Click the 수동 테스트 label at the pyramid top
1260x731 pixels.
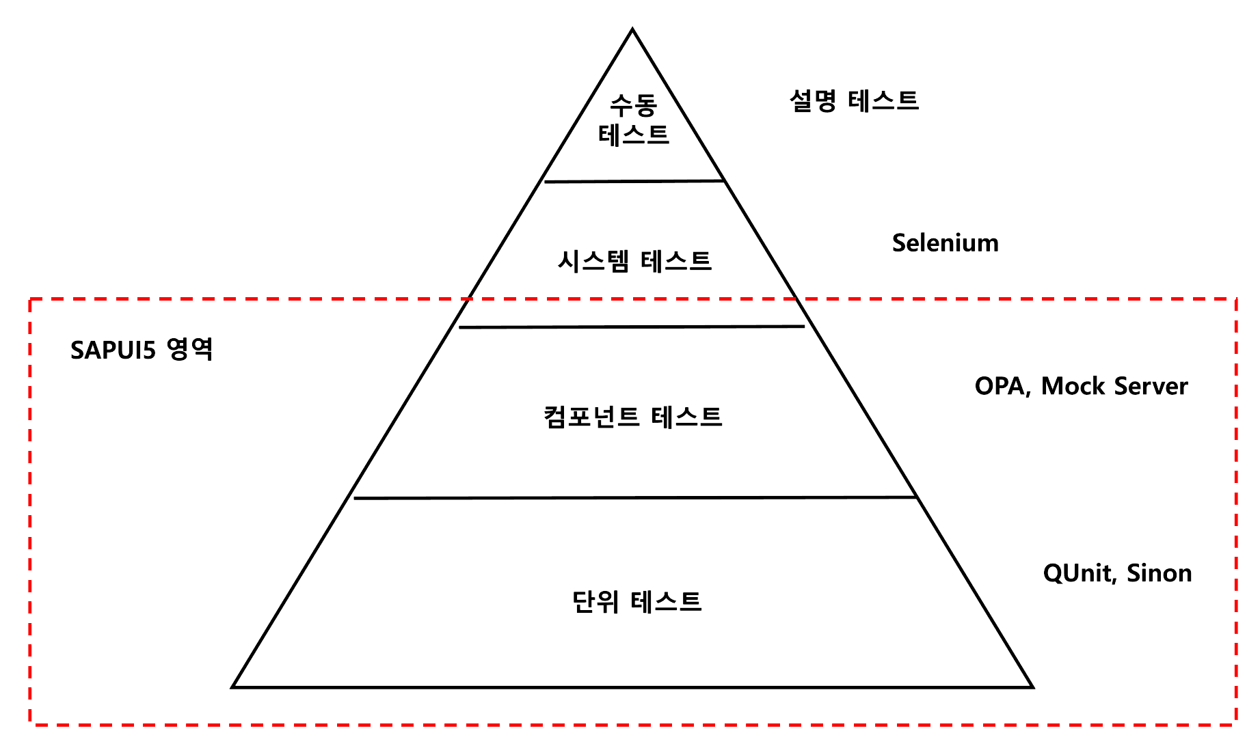(x=633, y=120)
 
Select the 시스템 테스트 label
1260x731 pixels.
(x=634, y=261)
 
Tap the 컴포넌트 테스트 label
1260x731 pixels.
(x=632, y=416)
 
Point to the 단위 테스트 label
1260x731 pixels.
(x=636, y=602)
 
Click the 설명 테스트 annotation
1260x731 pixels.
(x=854, y=101)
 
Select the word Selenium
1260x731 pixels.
(x=945, y=243)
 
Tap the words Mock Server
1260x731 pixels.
(x=1114, y=387)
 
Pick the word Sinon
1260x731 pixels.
(x=1159, y=573)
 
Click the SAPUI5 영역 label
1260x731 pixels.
(x=142, y=350)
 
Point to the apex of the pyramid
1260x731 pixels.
(x=632, y=29)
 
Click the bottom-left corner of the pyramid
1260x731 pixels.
(x=233, y=687)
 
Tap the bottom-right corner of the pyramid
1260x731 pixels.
(x=1032, y=687)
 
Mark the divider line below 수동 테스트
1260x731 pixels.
(x=634, y=181)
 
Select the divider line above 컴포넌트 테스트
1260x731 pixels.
(x=632, y=327)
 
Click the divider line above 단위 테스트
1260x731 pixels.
(x=634, y=497)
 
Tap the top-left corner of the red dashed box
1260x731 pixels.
(x=30, y=299)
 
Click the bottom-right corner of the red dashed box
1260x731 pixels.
(x=1236, y=723)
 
